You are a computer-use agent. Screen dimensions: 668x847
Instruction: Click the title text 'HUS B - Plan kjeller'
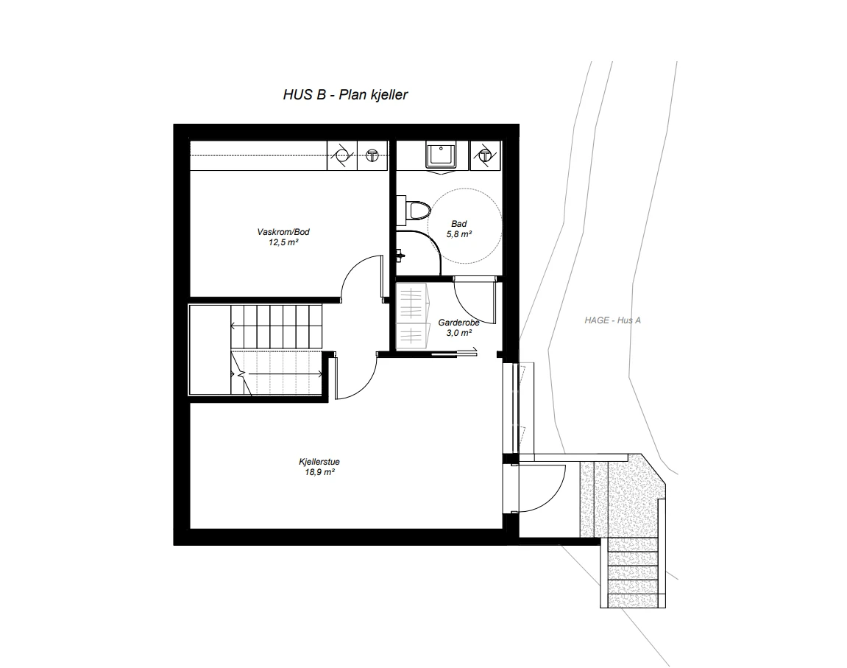[x=345, y=95]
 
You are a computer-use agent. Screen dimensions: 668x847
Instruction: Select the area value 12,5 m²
[x=283, y=242]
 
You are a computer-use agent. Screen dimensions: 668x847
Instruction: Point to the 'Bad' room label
[x=458, y=225]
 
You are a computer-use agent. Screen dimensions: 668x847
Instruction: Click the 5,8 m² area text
[x=458, y=234]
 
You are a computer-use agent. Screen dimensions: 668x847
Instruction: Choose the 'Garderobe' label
[x=458, y=323]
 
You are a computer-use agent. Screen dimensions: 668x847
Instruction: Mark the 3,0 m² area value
[x=458, y=332]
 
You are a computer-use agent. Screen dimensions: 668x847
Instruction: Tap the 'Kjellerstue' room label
[x=319, y=462]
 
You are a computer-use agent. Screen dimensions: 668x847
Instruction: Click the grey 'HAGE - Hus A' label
[x=613, y=320]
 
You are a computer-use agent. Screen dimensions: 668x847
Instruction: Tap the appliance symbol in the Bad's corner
[x=485, y=155]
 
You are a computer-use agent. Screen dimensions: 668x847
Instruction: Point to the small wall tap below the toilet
[x=399, y=256]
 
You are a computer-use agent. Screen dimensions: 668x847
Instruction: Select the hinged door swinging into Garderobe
[x=475, y=298]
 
